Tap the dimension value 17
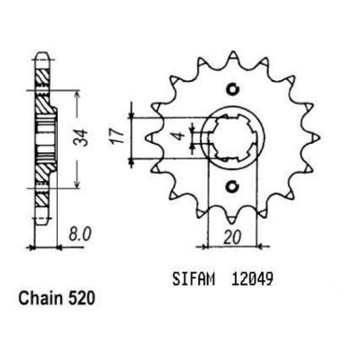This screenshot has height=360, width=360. pyautogui.click(x=118, y=137)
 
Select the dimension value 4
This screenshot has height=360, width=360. pyautogui.click(x=179, y=137)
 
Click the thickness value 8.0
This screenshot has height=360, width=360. pyautogui.click(x=79, y=235)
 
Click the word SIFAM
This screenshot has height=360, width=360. pyautogui.click(x=193, y=280)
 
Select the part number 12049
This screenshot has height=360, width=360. pyautogui.click(x=252, y=280)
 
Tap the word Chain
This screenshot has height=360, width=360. pyautogui.click(x=40, y=299)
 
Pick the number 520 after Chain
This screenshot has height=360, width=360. pyautogui.click(x=82, y=299)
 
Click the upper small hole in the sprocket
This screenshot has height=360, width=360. pyautogui.click(x=232, y=89)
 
